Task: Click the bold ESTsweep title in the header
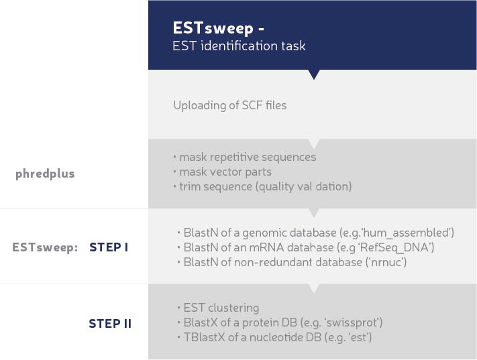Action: click(x=218, y=28)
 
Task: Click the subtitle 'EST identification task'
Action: click(x=239, y=46)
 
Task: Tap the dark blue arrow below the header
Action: click(x=314, y=74)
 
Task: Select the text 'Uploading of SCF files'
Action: click(x=230, y=105)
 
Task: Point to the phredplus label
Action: click(x=45, y=174)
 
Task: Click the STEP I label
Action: click(x=109, y=247)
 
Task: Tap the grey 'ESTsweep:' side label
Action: click(x=45, y=247)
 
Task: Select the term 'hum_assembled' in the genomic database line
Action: click(x=407, y=233)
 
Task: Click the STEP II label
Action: click(x=110, y=324)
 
